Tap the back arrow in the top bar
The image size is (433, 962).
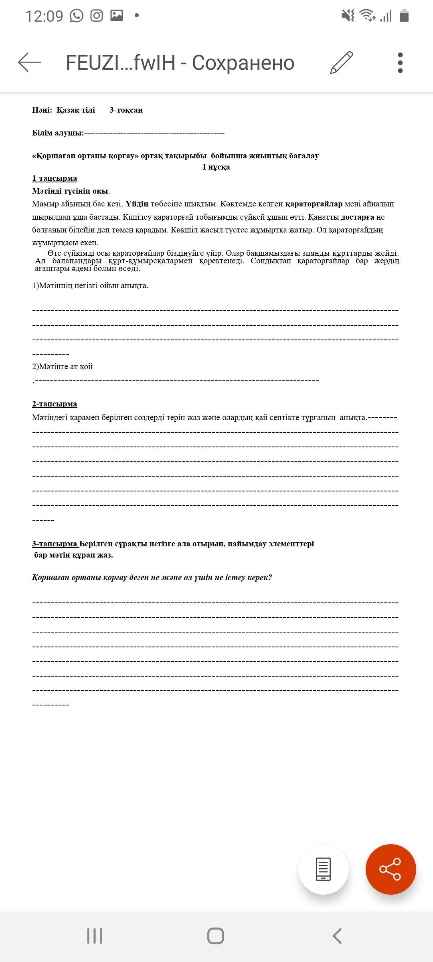pyautogui.click(x=30, y=63)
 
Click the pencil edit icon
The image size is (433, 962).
pyautogui.click(x=341, y=63)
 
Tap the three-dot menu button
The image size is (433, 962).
pyautogui.click(x=400, y=63)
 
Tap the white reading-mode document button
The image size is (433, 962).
pyautogui.click(x=323, y=869)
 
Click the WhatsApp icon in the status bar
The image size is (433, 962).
pyautogui.click(x=77, y=16)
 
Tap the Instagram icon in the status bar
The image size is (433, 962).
pyautogui.click(x=97, y=16)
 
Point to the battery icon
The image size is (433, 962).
pyautogui.click(x=404, y=16)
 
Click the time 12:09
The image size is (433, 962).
pyautogui.click(x=44, y=16)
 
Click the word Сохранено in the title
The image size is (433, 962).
pyautogui.click(x=243, y=63)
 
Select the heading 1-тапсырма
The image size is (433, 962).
pyautogui.click(x=55, y=178)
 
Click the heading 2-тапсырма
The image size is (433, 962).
pyautogui.click(x=55, y=404)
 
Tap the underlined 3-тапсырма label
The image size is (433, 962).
pyautogui.click(x=55, y=544)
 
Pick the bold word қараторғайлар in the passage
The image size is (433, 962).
pyautogui.click(x=314, y=204)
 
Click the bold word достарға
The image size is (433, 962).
pyautogui.click(x=357, y=217)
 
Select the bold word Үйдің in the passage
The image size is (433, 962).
pyautogui.click(x=137, y=204)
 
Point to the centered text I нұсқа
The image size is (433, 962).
pyautogui.click(x=216, y=167)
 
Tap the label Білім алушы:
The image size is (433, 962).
pyautogui.click(x=58, y=133)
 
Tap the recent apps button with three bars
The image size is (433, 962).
pyautogui.click(x=95, y=936)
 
